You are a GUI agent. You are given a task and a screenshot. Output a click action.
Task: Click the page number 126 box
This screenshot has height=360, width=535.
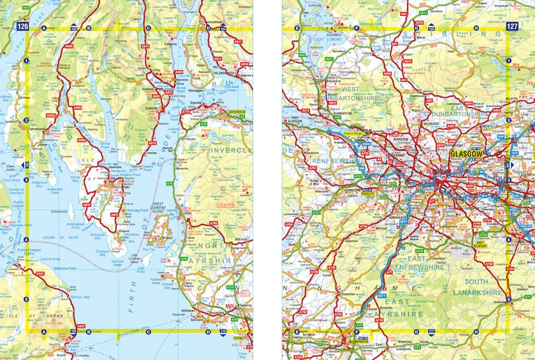[23, 27]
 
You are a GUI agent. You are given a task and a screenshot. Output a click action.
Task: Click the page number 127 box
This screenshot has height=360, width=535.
[511, 27]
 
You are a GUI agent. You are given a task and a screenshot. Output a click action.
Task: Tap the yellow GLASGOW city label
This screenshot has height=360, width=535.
[467, 154]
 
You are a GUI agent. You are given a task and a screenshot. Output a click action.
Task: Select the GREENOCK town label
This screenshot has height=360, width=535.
[236, 112]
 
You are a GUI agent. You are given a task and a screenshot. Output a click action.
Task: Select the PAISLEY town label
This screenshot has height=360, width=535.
[367, 194]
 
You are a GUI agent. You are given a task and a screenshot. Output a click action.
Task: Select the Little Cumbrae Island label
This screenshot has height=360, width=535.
[135, 258]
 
